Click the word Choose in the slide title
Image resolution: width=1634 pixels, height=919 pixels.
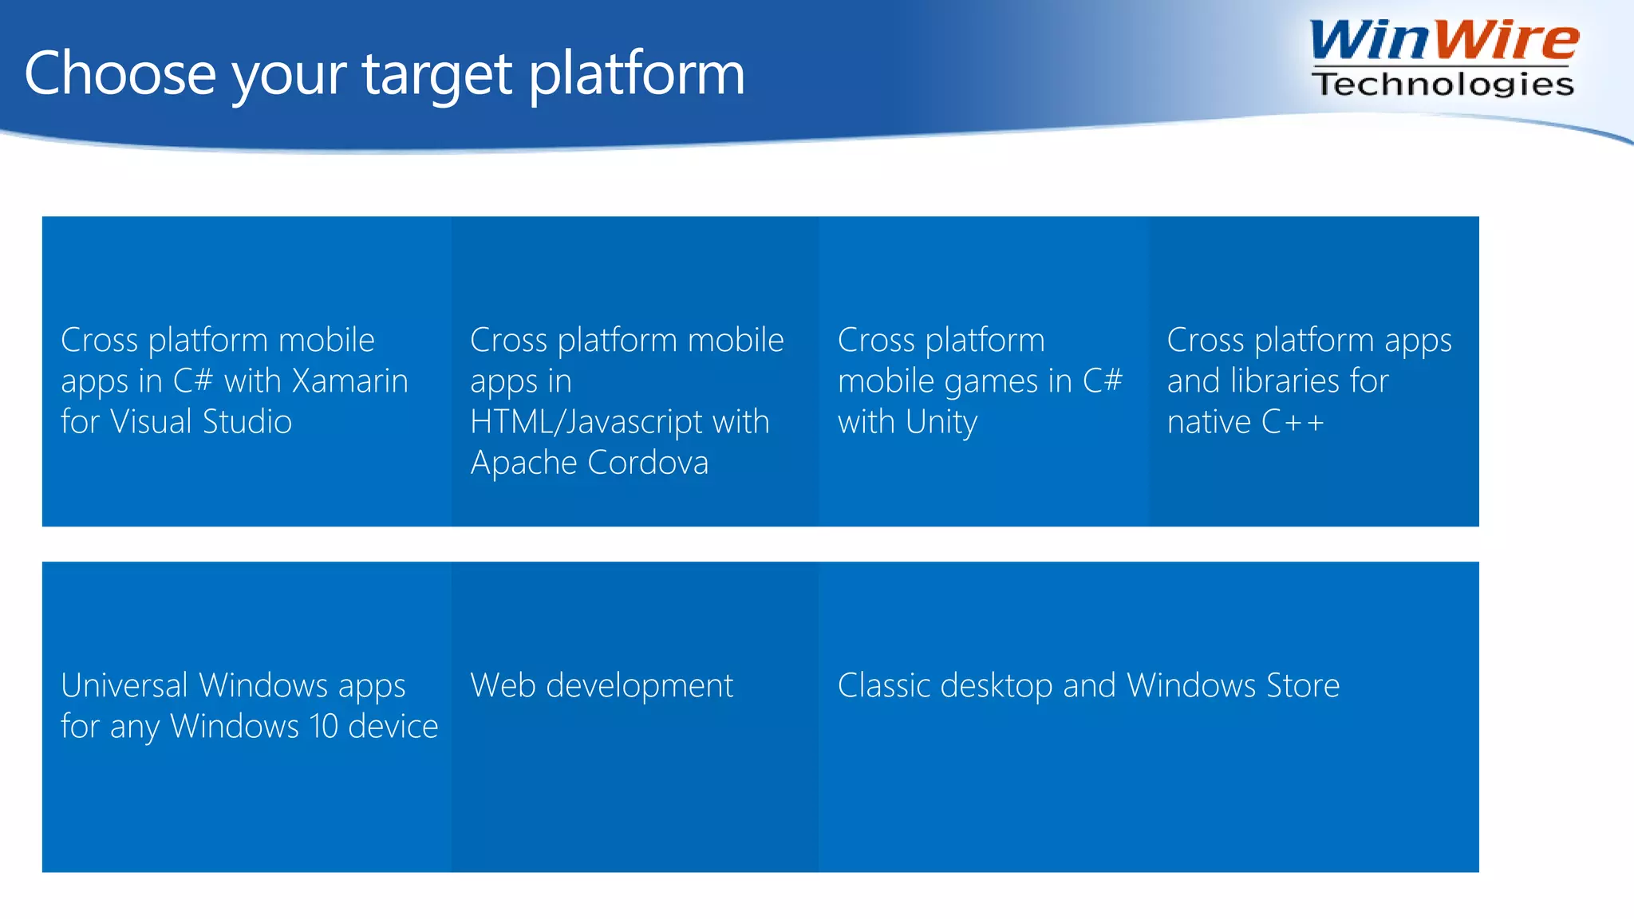(120, 73)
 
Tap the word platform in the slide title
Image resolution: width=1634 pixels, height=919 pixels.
(637, 73)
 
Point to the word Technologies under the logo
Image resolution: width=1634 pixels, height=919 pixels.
(1443, 84)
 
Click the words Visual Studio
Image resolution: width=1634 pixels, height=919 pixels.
(201, 422)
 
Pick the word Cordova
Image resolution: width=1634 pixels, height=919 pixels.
(648, 463)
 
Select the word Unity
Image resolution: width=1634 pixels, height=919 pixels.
(941, 422)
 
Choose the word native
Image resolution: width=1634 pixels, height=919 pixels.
(1209, 422)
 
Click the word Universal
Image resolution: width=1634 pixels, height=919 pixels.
(124, 686)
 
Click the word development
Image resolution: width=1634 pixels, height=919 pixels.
(640, 686)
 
